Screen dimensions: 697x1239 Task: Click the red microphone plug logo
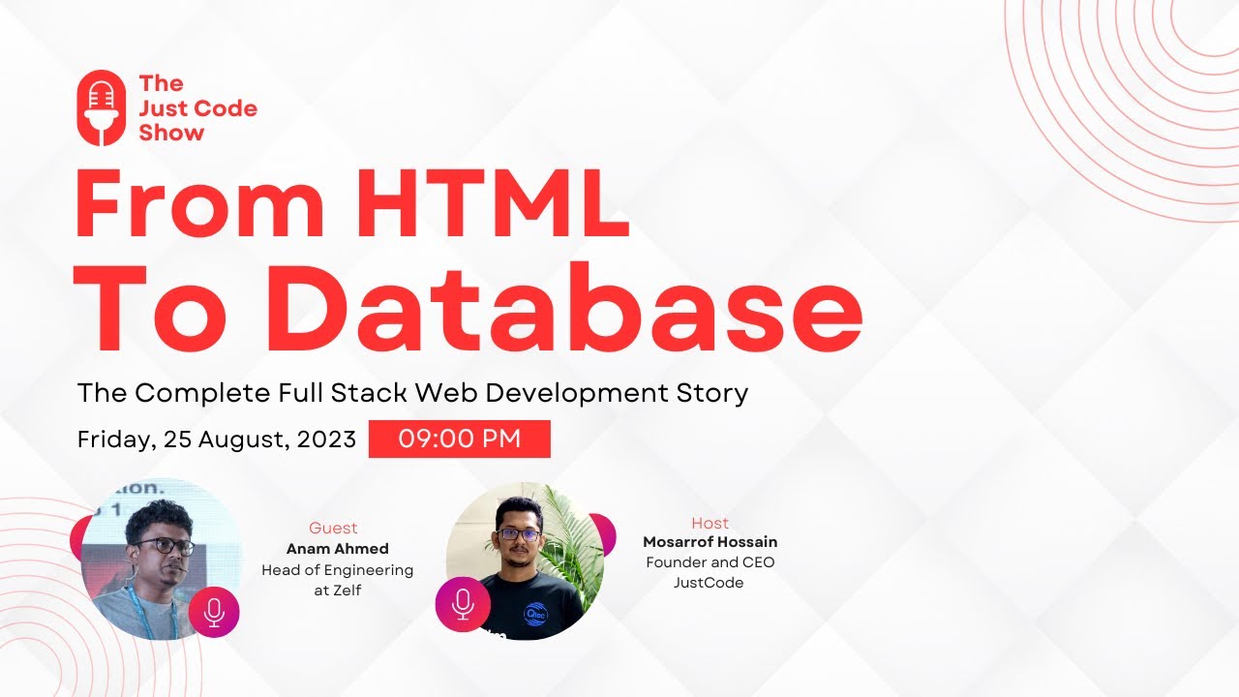[102, 107]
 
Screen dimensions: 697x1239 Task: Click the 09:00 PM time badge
[460, 439]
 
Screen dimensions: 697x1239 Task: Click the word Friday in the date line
[112, 439]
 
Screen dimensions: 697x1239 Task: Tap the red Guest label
[333, 528]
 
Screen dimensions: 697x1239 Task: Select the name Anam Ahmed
[337, 549]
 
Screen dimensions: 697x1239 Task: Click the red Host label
[710, 523]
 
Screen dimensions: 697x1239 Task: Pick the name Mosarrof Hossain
[710, 542]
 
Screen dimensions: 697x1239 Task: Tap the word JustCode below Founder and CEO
[709, 583]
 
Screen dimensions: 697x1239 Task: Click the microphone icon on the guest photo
[214, 612]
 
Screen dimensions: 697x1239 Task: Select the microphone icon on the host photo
[462, 603]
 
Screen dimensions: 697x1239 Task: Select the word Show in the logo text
[171, 134]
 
